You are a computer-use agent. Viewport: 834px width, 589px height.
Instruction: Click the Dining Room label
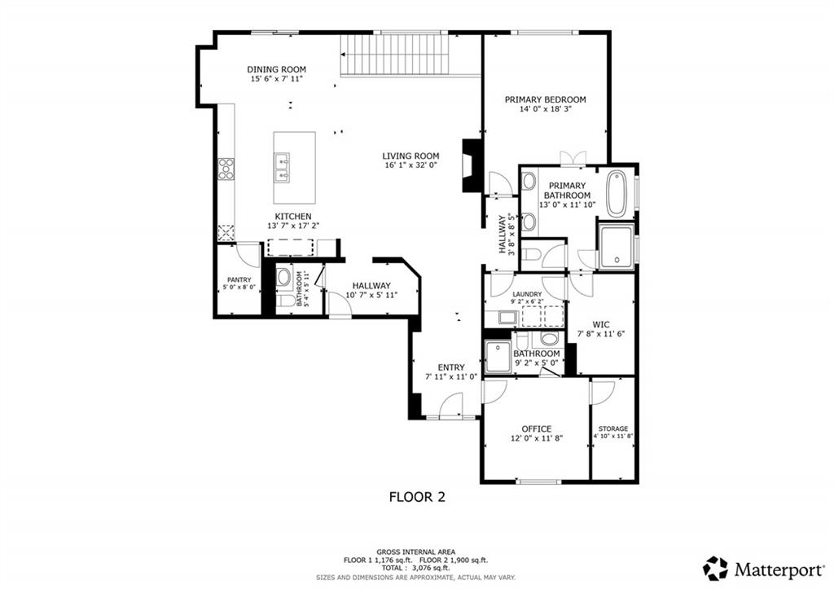[x=277, y=69]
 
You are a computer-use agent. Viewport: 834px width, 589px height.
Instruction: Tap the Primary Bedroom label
[x=545, y=99]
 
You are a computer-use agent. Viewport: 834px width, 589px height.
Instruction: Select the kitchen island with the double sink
[x=295, y=168]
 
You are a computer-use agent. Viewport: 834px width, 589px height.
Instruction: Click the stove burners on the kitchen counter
[x=226, y=168]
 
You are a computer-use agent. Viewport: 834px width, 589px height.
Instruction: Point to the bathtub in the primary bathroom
[x=617, y=193]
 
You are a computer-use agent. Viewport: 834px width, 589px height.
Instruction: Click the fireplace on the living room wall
[x=472, y=165]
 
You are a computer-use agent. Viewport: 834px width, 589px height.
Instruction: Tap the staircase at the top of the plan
[x=395, y=55]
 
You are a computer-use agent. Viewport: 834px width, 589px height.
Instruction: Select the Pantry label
[x=239, y=280]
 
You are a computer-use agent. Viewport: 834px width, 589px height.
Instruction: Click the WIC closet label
[x=601, y=324]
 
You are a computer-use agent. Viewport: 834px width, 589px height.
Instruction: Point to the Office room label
[x=536, y=429]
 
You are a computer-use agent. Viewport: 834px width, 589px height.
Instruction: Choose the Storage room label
[x=613, y=429]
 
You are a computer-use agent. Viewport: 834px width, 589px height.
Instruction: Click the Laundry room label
[x=527, y=294]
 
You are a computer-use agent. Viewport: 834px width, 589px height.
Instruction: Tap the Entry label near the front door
[x=451, y=367]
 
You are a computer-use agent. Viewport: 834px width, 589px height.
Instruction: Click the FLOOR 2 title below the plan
[x=417, y=497]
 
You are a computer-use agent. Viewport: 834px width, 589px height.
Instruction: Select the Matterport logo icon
[x=715, y=569]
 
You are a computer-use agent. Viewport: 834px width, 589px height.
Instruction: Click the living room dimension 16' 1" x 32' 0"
[x=410, y=165]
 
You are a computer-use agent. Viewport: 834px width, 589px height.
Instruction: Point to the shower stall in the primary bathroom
[x=617, y=247]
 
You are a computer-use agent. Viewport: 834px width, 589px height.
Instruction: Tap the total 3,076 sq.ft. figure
[x=416, y=569]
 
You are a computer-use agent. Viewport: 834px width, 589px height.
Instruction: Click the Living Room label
[x=410, y=156]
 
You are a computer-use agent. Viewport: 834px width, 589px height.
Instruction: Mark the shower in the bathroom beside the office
[x=498, y=357]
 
